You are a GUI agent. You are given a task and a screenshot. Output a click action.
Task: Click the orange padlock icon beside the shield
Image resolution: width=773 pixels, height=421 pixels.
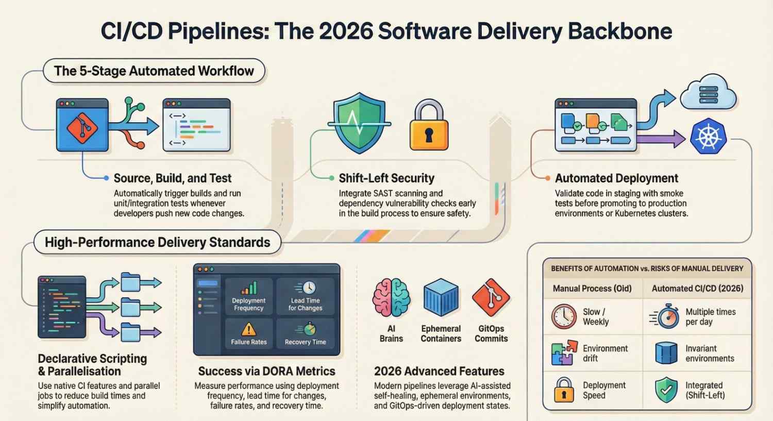(x=429, y=126)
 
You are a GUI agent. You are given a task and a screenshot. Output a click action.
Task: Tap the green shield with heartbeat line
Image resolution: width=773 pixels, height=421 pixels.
(x=359, y=123)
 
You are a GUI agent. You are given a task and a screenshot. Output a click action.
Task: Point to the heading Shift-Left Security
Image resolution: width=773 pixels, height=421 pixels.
(x=386, y=178)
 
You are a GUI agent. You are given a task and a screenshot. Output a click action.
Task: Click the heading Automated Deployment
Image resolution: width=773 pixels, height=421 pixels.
(x=616, y=178)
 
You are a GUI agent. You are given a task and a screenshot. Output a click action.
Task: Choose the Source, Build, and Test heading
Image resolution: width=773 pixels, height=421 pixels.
(x=173, y=178)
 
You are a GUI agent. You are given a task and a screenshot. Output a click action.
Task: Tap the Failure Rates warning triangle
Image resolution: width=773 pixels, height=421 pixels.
(x=248, y=329)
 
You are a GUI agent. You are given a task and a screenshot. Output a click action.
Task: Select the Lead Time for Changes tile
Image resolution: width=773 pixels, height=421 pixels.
(x=305, y=297)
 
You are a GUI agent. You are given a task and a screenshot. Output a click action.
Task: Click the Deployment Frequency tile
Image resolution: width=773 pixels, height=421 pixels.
(x=248, y=297)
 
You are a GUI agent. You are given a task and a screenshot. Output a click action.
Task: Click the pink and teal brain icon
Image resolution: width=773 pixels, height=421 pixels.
(x=391, y=298)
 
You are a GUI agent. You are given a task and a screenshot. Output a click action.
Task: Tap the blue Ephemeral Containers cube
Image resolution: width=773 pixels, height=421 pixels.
(x=441, y=298)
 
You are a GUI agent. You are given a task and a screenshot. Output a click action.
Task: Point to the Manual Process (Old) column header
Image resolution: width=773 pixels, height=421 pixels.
(x=592, y=289)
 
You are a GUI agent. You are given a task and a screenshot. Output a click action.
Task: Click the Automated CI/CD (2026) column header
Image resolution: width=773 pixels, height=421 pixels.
(x=697, y=289)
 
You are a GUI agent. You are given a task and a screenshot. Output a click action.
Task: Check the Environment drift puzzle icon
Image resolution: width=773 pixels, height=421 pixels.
(x=564, y=353)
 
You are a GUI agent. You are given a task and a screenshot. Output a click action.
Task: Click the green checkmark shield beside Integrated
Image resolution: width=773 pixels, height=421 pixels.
(x=666, y=391)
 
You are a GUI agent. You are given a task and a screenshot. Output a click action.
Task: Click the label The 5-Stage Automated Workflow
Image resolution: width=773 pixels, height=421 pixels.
(x=154, y=71)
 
